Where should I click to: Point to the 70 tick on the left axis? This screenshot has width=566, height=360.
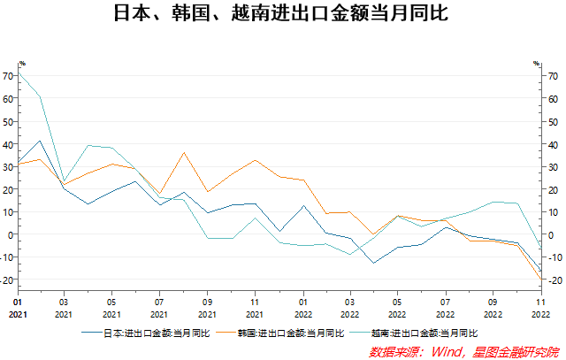click(x=8, y=76)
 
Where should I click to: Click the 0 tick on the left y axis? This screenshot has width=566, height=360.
click(x=11, y=234)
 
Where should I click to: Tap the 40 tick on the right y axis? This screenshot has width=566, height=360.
click(x=553, y=144)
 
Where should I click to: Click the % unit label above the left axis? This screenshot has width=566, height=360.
click(x=22, y=64)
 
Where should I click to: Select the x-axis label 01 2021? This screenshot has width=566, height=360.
click(x=16, y=308)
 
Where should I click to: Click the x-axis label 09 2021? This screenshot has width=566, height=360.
click(x=207, y=308)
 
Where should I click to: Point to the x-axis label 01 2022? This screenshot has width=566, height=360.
click(x=302, y=308)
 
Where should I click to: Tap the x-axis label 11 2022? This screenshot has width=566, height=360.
click(x=540, y=308)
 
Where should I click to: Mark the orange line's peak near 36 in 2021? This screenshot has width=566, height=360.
click(x=184, y=152)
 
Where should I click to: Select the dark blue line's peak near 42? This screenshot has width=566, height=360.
click(x=40, y=141)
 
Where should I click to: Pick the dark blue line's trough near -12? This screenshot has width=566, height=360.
click(x=373, y=263)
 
